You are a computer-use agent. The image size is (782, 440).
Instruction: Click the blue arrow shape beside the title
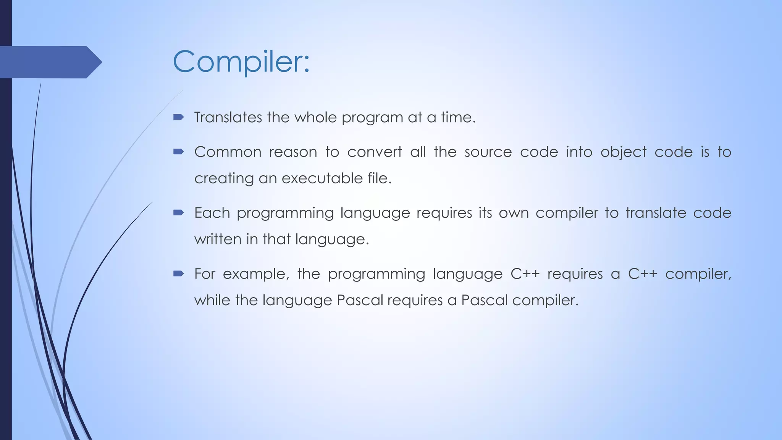point(50,62)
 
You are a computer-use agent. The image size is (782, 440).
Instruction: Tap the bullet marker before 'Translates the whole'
point(178,117)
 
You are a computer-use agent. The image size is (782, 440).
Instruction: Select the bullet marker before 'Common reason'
point(178,152)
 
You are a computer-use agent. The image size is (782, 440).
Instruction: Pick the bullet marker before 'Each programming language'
point(178,213)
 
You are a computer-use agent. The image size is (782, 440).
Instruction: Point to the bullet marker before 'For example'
point(178,273)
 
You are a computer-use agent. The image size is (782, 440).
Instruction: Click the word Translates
point(228,117)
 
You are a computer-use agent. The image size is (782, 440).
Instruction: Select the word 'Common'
point(228,152)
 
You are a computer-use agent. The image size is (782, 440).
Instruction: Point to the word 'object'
point(623,152)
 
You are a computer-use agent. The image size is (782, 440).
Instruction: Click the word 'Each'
point(212,213)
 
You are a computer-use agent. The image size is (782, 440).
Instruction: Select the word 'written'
point(217,239)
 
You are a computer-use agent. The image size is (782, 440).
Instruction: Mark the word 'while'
point(212,300)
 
